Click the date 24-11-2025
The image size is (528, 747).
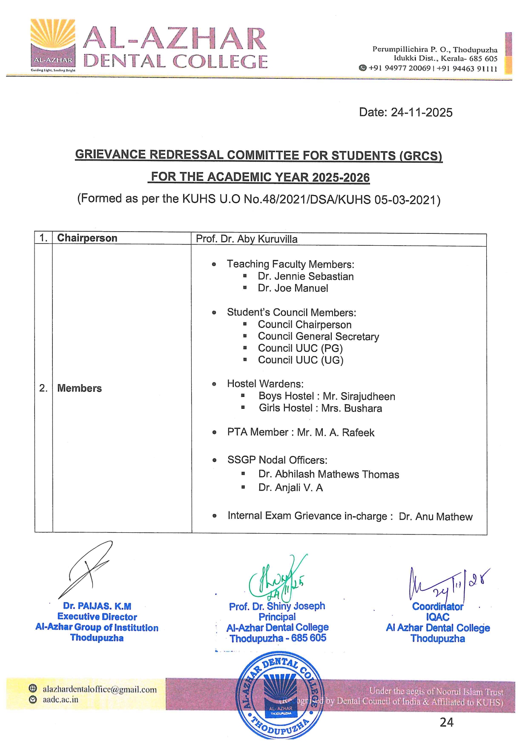coord(422,112)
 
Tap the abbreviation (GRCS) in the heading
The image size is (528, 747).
coord(420,156)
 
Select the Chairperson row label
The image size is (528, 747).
coord(87,238)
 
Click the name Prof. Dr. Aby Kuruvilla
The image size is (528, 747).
coord(247,239)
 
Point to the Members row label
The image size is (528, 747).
coord(80,388)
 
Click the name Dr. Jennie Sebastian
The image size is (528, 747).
coord(306,276)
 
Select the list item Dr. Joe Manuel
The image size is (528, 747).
coord(293,288)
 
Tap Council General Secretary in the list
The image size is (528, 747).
coord(319,336)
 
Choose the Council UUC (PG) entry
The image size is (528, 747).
coord(300,348)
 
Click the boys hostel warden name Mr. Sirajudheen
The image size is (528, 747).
coord(359,396)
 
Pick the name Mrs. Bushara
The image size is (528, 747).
coord(352,408)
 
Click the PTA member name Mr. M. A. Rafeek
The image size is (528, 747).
coord(336,433)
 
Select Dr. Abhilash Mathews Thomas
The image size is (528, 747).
coord(329,474)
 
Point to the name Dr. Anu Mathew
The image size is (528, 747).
coord(436,517)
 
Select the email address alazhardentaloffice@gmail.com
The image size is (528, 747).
coord(100,690)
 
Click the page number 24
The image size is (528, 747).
coord(447,722)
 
